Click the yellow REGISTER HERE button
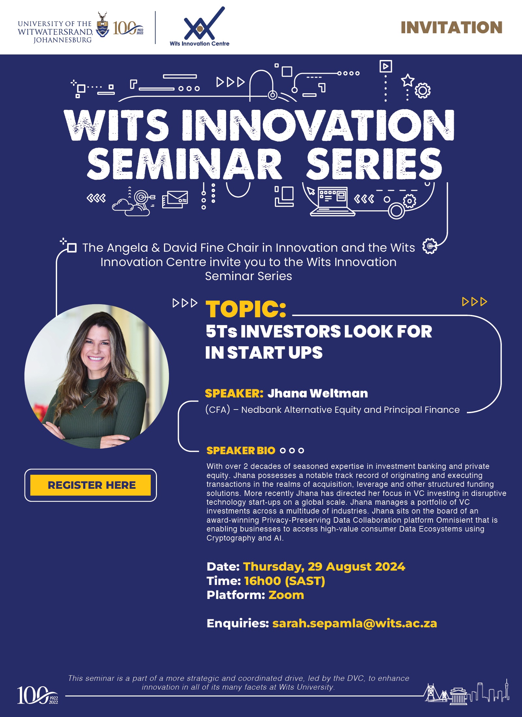point(90,485)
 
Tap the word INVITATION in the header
point(452,27)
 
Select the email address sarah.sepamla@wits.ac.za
point(355,623)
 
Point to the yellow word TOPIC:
point(246,309)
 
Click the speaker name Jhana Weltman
point(317,393)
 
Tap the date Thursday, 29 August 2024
point(324,567)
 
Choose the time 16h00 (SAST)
point(284,581)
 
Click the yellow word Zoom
point(286,595)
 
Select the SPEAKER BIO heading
point(241,451)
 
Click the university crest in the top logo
point(102,25)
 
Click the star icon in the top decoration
point(407,80)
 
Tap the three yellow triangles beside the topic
point(475,302)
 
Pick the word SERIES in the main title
point(374,163)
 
